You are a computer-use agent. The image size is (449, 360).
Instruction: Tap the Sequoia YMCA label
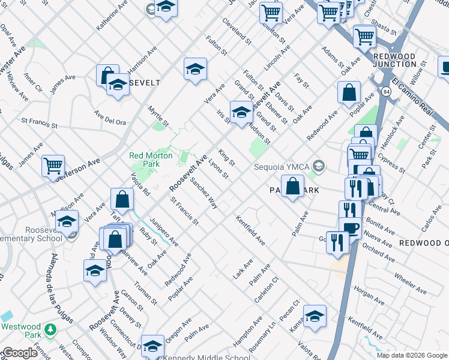(282, 166)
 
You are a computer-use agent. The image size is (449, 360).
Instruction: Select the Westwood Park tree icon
(52, 329)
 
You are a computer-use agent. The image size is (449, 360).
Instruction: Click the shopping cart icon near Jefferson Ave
(53, 164)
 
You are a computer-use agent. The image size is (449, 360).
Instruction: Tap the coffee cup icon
(351, 228)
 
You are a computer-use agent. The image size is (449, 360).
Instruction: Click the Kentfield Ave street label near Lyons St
(250, 230)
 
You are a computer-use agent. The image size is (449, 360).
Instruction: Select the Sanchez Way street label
(203, 193)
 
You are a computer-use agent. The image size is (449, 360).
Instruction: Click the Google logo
(19, 353)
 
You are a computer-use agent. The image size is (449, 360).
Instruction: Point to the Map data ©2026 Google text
(411, 355)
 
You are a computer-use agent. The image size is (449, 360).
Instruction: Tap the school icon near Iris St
(241, 112)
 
